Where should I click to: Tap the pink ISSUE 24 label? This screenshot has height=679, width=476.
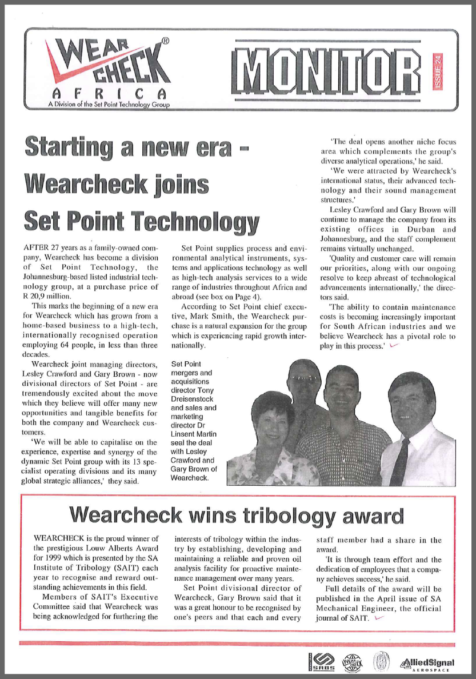coord(437,70)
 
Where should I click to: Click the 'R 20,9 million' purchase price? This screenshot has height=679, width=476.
coord(51,297)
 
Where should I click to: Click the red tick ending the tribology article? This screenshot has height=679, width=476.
coord(377,617)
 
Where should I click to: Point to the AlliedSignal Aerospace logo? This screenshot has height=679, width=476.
coord(428,663)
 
